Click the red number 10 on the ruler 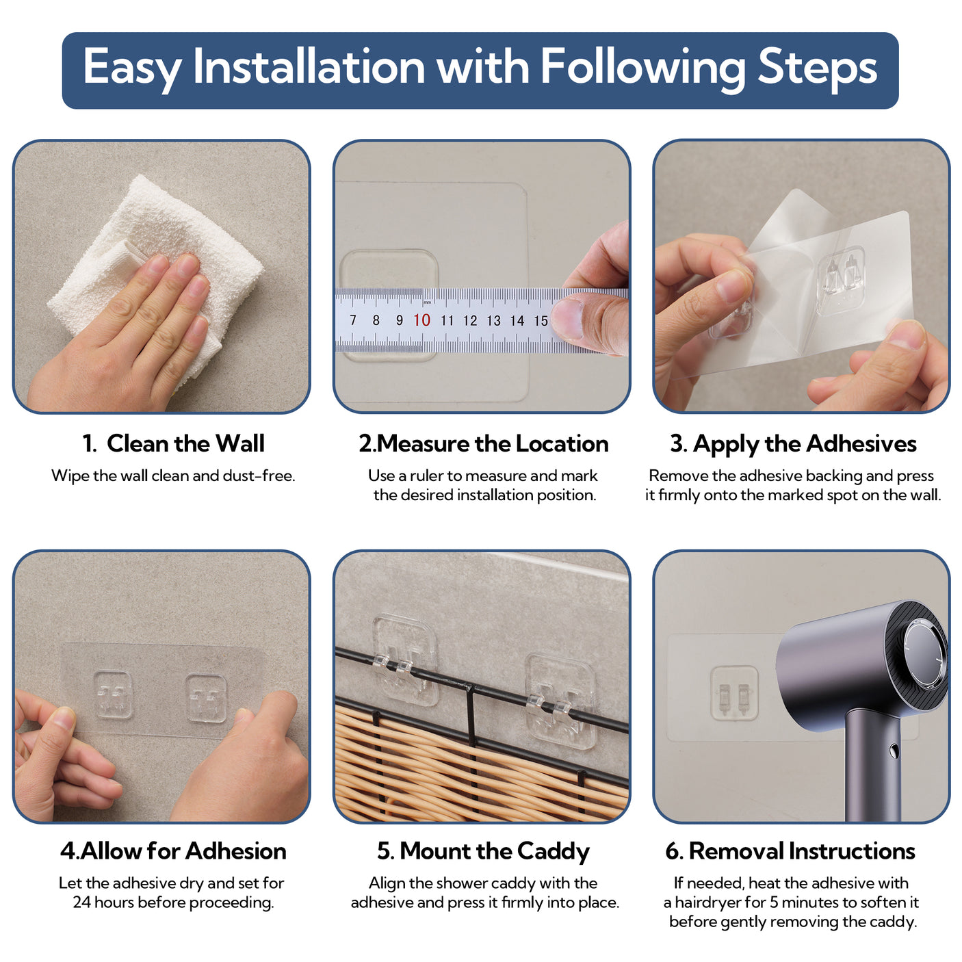[x=421, y=320]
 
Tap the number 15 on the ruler [x=541, y=321]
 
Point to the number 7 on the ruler [x=353, y=320]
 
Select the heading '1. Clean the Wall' [x=173, y=443]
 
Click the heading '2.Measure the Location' [x=483, y=443]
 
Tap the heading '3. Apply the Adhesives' [x=793, y=444]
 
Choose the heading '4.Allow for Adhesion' [x=173, y=850]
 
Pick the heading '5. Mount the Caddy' [x=483, y=851]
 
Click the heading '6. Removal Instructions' [x=790, y=850]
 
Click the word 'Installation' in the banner [x=309, y=66]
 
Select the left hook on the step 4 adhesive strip [x=114, y=694]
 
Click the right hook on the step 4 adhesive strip [x=206, y=698]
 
